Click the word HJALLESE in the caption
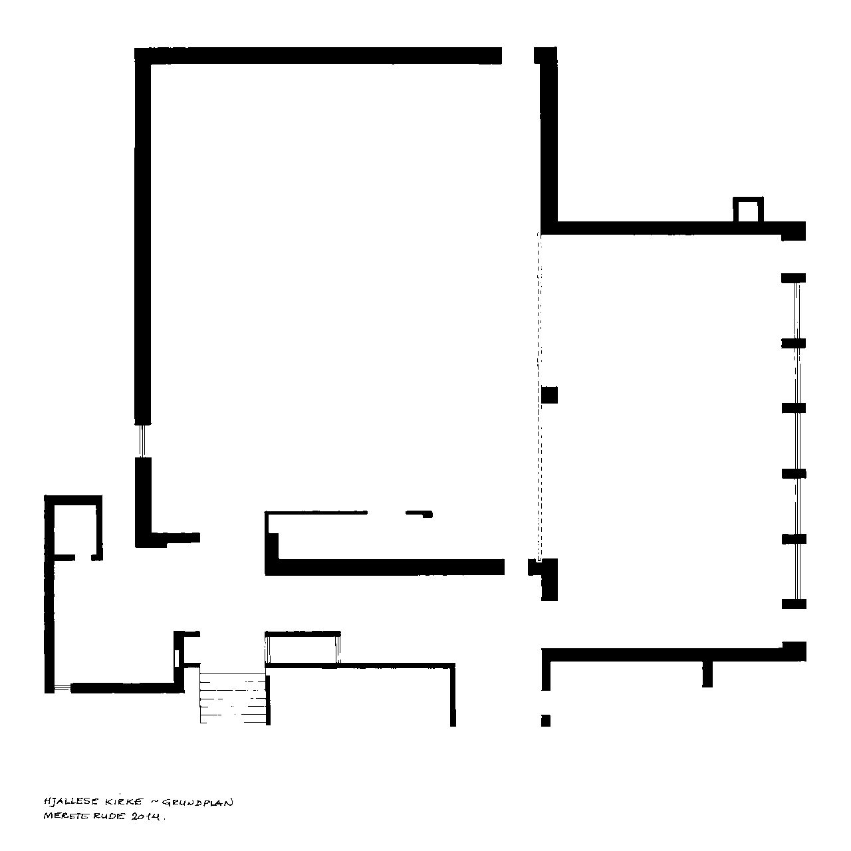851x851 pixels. click(71, 802)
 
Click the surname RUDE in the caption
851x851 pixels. click(108, 816)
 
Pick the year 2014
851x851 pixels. click(146, 817)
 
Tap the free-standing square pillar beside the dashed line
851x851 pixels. click(549, 394)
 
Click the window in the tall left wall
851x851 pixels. click(142, 441)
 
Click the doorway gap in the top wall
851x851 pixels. click(518, 56)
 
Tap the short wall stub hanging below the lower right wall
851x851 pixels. click(707, 674)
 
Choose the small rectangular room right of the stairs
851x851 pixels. click(303, 648)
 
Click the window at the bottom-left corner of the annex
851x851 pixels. click(62, 687)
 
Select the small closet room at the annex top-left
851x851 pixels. click(73, 528)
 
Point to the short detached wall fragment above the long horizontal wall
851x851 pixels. click(419, 514)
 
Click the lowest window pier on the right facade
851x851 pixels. click(794, 604)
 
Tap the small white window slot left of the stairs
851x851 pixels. click(177, 658)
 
